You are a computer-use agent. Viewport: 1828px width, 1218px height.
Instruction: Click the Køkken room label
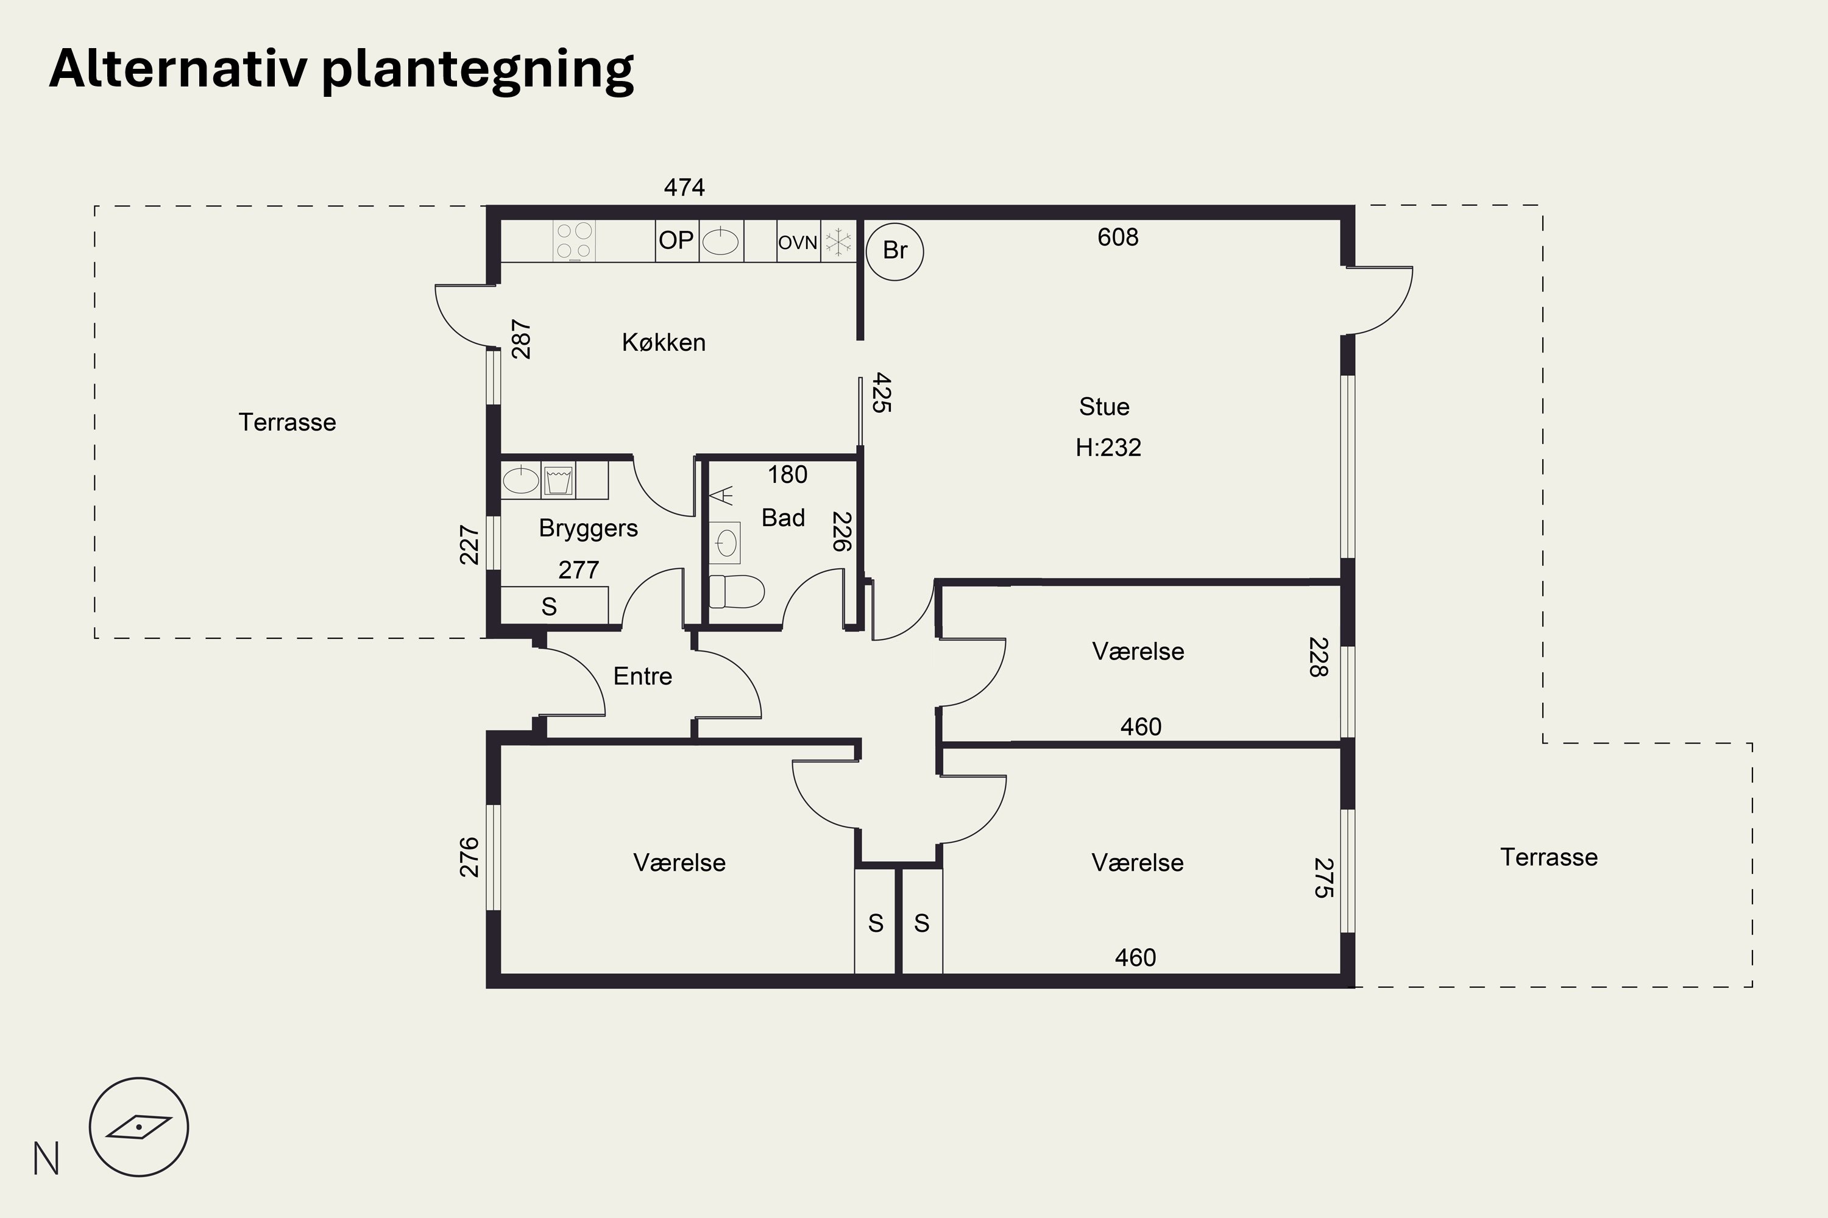pyautogui.click(x=664, y=342)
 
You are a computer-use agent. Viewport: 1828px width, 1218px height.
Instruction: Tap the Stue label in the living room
pyautogui.click(x=1104, y=406)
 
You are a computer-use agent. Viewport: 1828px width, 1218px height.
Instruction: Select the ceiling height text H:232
pyautogui.click(x=1108, y=448)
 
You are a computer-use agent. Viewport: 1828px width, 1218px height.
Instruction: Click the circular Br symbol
pyautogui.click(x=895, y=251)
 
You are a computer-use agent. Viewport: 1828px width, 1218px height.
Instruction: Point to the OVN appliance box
pyautogui.click(x=798, y=242)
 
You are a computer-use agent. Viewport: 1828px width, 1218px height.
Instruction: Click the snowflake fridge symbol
pyautogui.click(x=838, y=242)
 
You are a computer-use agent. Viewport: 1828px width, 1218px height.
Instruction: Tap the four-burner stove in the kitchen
pyautogui.click(x=575, y=241)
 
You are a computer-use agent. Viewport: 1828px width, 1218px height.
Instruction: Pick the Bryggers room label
pyautogui.click(x=589, y=528)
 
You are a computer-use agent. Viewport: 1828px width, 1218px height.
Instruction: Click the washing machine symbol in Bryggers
pyautogui.click(x=558, y=480)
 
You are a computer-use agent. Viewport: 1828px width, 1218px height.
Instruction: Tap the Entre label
pyautogui.click(x=643, y=677)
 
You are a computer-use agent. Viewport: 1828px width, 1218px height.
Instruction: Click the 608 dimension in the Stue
pyautogui.click(x=1118, y=237)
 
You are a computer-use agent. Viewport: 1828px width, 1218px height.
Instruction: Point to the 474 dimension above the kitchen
pyautogui.click(x=684, y=187)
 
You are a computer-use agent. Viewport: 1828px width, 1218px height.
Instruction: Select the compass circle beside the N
pyautogui.click(x=139, y=1127)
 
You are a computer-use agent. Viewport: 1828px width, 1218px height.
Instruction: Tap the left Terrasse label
pyautogui.click(x=288, y=423)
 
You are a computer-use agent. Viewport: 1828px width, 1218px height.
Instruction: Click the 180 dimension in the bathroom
pyautogui.click(x=787, y=474)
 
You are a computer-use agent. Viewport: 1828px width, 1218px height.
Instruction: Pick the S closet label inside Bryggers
pyautogui.click(x=550, y=607)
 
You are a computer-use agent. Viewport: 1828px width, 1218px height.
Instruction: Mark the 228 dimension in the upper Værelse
pyautogui.click(x=1318, y=657)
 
